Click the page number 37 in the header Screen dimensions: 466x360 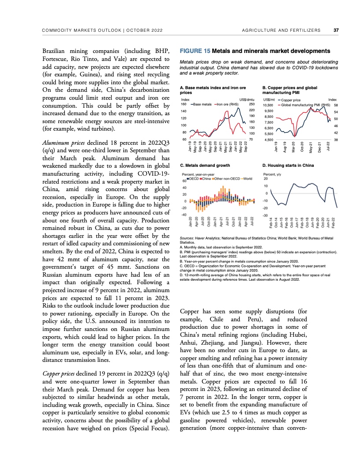point(336,30)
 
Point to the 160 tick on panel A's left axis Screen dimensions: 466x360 point(184,104)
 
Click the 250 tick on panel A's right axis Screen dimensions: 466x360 point(252,104)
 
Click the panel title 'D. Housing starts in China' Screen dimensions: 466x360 point(288,165)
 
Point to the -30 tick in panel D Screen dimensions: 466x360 point(266,215)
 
